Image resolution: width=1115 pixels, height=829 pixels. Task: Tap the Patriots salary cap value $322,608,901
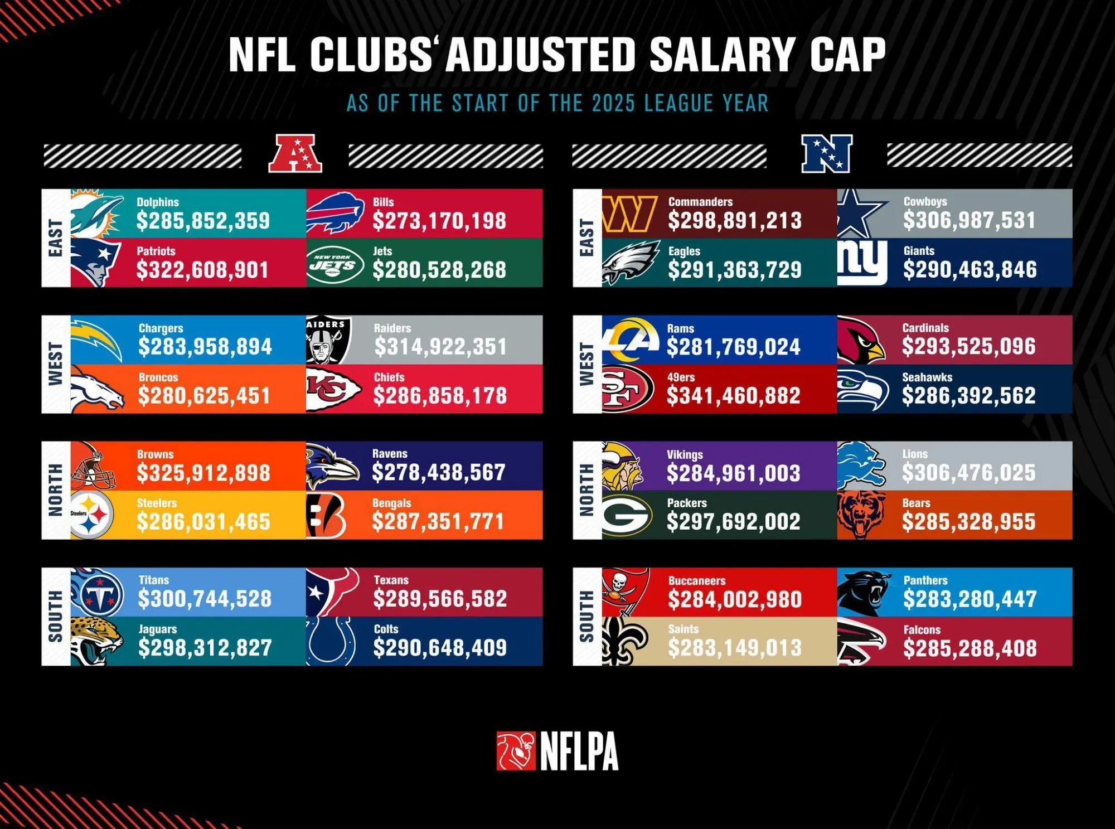pos(203,270)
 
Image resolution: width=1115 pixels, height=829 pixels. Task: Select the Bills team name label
pos(384,202)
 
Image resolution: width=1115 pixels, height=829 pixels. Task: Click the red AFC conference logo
pos(295,153)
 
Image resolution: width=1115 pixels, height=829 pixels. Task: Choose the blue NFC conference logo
pos(827,154)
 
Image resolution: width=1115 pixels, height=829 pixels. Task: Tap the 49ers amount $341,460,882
pos(734,396)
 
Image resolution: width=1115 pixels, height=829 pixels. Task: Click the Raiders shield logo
pos(328,340)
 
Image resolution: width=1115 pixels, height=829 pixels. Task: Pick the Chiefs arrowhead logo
pos(333,389)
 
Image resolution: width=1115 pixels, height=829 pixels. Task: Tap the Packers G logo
pos(627,515)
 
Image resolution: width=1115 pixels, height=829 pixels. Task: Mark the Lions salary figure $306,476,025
pos(969,473)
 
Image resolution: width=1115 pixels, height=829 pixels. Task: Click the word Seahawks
pos(927,377)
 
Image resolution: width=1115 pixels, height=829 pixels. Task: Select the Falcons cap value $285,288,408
pos(970,648)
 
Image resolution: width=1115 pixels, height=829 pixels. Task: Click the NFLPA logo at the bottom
pos(557,751)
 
